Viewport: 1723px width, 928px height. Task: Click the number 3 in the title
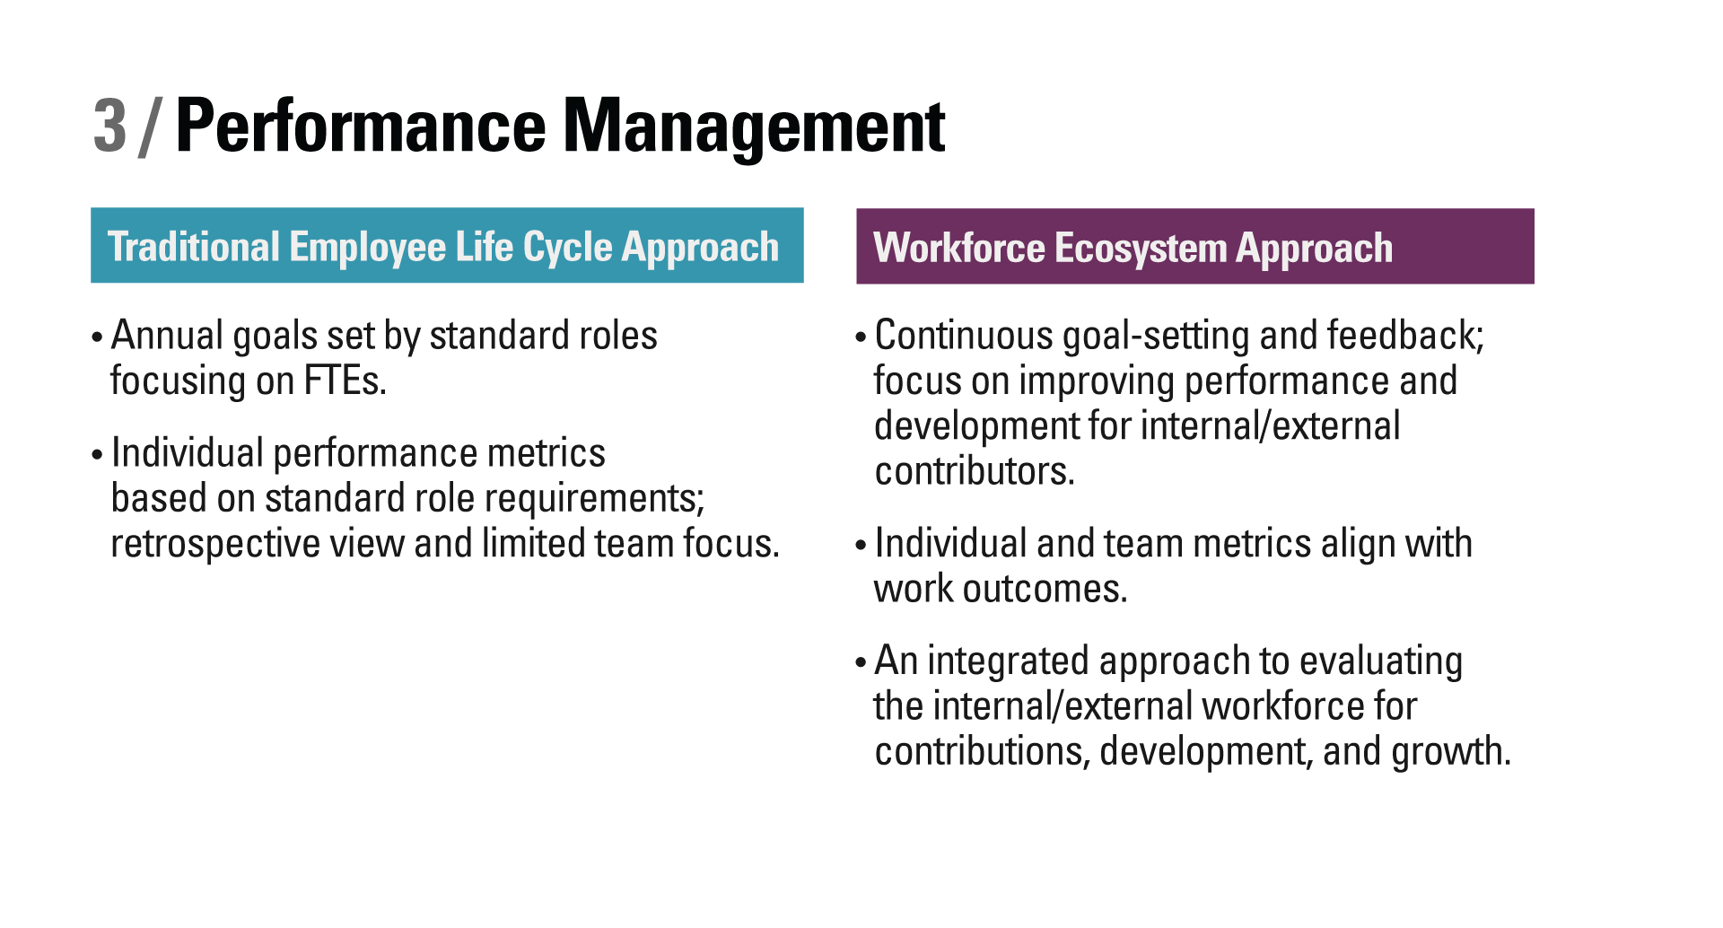click(x=110, y=126)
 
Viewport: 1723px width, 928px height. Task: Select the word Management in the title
click(x=754, y=127)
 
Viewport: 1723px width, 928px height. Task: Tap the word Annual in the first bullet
click(x=167, y=336)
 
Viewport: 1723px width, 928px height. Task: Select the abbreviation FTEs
click(x=345, y=381)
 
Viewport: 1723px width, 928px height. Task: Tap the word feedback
click(x=1405, y=336)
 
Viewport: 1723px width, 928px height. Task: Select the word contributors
click(x=975, y=472)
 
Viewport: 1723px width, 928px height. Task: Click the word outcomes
click(x=1045, y=590)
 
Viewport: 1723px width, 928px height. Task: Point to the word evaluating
click(x=1381, y=662)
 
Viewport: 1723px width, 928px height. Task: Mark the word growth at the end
click(x=1451, y=752)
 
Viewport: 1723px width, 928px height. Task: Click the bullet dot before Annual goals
click(x=97, y=338)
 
